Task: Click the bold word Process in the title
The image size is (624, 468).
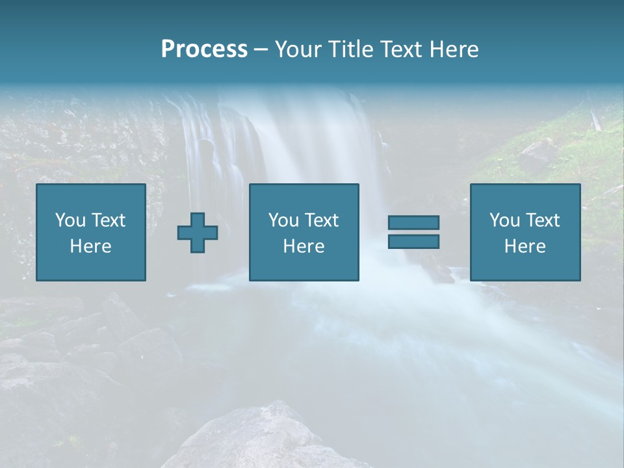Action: click(204, 49)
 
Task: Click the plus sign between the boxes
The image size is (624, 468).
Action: click(198, 233)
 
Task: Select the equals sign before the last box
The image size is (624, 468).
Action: click(413, 232)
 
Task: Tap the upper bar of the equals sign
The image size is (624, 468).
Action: click(413, 223)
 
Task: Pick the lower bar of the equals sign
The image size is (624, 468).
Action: click(413, 241)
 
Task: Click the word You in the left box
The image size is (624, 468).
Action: click(70, 220)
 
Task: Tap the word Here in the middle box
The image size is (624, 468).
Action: click(304, 246)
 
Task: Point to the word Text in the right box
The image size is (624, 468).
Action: click(543, 220)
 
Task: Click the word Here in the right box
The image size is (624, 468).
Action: click(525, 246)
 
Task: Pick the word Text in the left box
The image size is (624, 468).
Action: click(108, 220)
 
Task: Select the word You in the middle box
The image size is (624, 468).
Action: click(283, 220)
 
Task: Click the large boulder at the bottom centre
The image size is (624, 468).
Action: click(260, 439)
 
